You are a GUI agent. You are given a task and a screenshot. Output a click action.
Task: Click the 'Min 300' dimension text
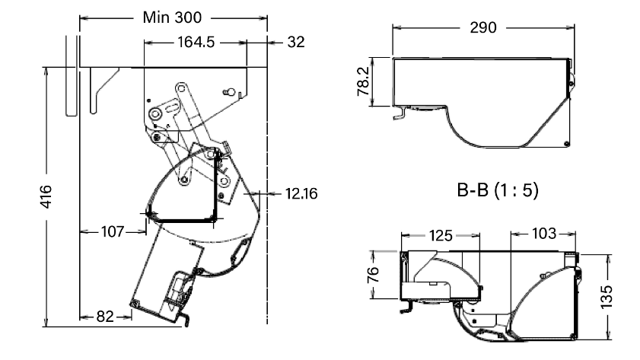click(x=174, y=17)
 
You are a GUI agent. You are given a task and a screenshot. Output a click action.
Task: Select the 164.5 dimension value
click(x=194, y=43)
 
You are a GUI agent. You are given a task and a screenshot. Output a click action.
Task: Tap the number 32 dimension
click(x=296, y=43)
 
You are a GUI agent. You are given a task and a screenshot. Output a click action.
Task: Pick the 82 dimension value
click(x=106, y=314)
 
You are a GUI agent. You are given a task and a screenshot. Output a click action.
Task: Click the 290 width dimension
click(x=483, y=27)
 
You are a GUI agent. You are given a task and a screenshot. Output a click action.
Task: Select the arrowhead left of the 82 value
click(x=83, y=314)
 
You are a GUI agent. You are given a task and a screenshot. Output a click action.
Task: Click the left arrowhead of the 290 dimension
click(x=395, y=27)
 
